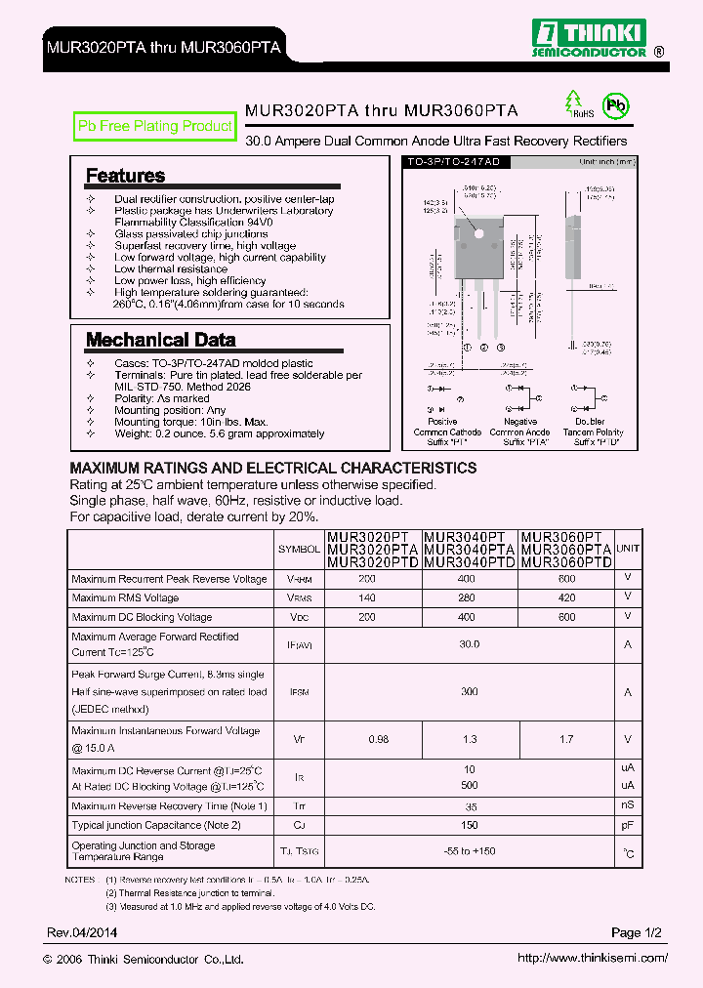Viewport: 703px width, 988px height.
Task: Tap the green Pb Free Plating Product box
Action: coord(155,126)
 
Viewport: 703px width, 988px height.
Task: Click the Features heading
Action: coord(125,176)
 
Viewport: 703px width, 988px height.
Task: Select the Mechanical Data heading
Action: coord(160,340)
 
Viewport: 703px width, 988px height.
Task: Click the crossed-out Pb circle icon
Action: coord(615,106)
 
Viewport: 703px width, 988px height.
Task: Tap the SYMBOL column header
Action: coord(299,549)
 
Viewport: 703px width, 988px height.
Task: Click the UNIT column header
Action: coord(628,549)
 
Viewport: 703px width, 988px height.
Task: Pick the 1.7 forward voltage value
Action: coord(566,739)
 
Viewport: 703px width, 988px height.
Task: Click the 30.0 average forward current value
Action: coord(470,644)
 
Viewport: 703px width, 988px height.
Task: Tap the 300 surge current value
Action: coord(470,691)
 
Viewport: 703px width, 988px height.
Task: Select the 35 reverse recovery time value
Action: coord(470,806)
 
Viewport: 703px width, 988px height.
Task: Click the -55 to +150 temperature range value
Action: coord(470,851)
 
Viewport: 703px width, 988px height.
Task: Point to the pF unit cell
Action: coord(628,826)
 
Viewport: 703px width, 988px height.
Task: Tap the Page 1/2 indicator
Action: coord(637,932)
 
